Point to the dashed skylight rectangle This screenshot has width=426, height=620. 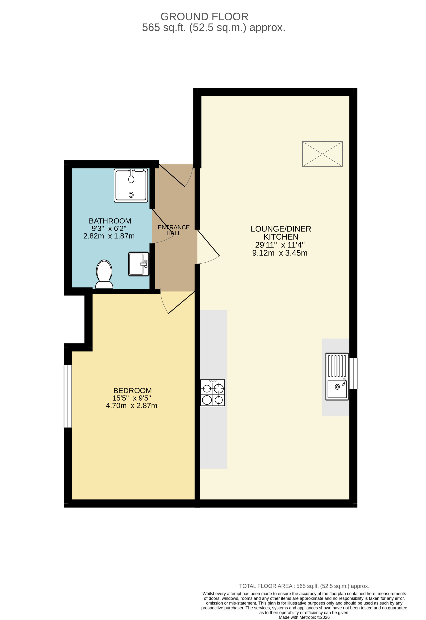coord(322,154)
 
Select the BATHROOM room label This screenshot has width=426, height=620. coord(110,221)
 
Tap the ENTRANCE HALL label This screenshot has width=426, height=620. coord(174,230)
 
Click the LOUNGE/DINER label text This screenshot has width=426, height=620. coord(281,229)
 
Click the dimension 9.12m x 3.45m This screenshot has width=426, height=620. coord(280,253)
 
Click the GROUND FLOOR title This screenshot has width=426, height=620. coord(204,17)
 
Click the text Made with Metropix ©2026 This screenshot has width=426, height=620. coord(304,617)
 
